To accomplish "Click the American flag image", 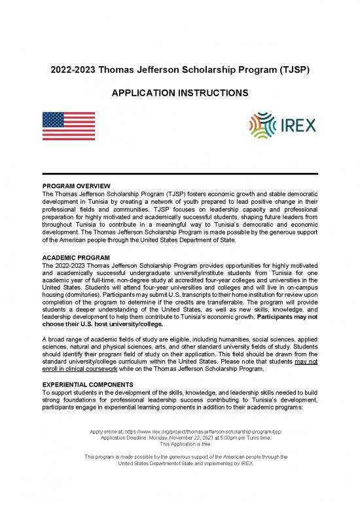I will point(68,126).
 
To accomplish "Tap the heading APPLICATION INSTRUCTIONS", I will point(180,94).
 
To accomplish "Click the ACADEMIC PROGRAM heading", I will point(76,257).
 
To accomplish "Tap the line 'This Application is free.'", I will point(180,443).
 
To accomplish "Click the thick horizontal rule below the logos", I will point(180,173).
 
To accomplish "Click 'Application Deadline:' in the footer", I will point(127,438).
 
